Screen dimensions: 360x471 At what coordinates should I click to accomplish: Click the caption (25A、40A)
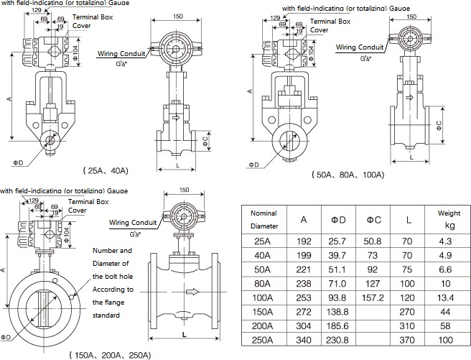tap(106, 170)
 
